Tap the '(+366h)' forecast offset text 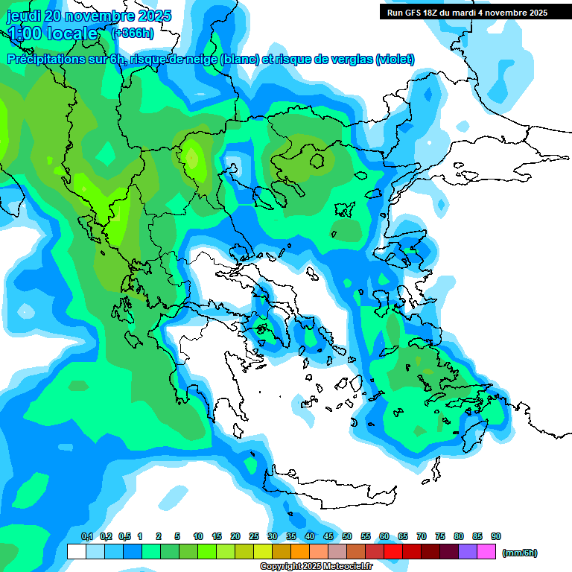(133, 33)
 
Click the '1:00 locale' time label (53, 34)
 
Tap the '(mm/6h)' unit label (520, 553)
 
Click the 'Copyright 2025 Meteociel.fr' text (316, 566)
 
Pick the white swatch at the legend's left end (76, 552)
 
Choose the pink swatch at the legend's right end (486, 552)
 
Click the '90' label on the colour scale (496, 536)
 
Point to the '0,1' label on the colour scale (86, 536)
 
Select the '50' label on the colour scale (347, 536)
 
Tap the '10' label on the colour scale (198, 536)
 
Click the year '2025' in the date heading (153, 16)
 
